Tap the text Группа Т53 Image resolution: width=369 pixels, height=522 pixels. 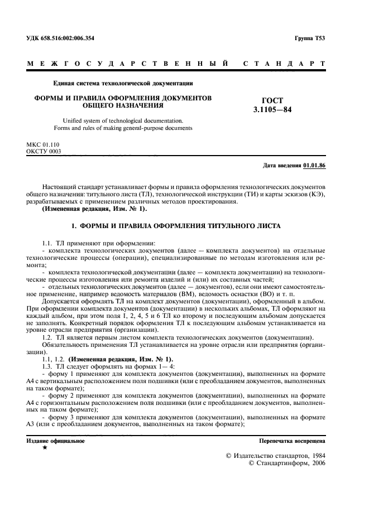click(x=309, y=38)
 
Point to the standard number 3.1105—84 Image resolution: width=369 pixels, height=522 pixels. click(x=272, y=109)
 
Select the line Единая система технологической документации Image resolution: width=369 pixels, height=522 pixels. click(x=122, y=84)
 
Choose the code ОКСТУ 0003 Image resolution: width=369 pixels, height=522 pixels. click(x=44, y=151)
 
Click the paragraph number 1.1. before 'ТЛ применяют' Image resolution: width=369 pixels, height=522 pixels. click(x=48, y=243)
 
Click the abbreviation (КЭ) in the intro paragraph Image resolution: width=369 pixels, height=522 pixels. click(x=314, y=194)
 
